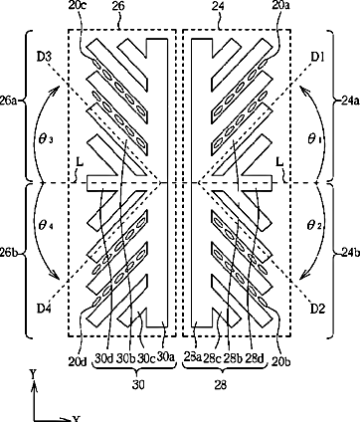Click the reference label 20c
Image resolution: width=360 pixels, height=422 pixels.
pyautogui.click(x=78, y=6)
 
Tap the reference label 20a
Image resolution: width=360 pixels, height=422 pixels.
pyautogui.click(x=280, y=6)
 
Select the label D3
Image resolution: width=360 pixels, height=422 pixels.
pyautogui.click(x=44, y=57)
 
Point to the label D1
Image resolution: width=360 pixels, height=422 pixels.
pyautogui.click(x=317, y=57)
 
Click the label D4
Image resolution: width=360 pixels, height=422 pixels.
pyautogui.click(x=44, y=309)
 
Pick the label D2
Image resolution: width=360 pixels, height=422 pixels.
pyautogui.click(x=317, y=309)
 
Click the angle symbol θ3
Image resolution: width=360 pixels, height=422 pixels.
pyautogui.click(x=46, y=139)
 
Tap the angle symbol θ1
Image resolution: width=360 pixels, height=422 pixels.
pyautogui.click(x=314, y=139)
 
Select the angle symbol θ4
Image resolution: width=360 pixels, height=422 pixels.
pyautogui.click(x=46, y=226)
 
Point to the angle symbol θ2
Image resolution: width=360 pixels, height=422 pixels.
pyautogui.click(x=314, y=226)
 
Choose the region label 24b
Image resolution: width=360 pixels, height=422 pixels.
pyautogui.click(x=350, y=253)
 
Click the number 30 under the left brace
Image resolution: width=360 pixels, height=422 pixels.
pyautogui.click(x=138, y=385)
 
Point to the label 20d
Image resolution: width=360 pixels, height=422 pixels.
pyautogui.click(x=78, y=360)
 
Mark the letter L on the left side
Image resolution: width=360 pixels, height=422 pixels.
pyautogui.click(x=80, y=163)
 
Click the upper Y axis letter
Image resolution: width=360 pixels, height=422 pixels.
pyautogui.click(x=33, y=375)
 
